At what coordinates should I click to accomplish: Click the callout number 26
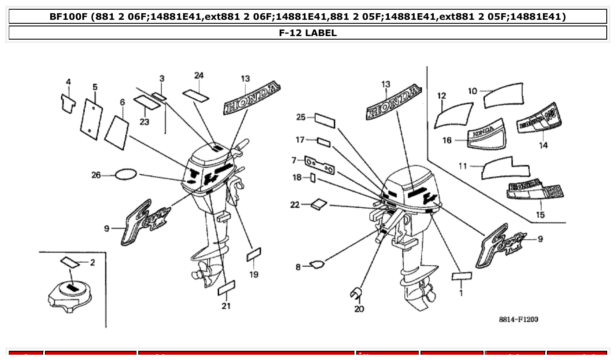click(x=96, y=175)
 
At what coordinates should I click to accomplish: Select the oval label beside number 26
click(x=126, y=175)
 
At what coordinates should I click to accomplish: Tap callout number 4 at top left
click(x=68, y=82)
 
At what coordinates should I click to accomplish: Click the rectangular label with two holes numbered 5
click(x=92, y=119)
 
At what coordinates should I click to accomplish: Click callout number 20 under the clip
click(x=359, y=309)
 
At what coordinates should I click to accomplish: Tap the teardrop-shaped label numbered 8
click(x=317, y=264)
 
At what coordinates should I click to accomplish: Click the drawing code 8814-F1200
click(x=518, y=319)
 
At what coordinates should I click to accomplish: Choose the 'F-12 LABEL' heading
click(x=308, y=33)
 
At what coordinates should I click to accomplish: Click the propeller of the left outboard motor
click(x=202, y=275)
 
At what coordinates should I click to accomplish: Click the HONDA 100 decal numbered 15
click(x=536, y=190)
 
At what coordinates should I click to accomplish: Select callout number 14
click(x=543, y=145)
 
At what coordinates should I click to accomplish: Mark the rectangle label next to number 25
click(x=325, y=121)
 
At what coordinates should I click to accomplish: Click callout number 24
click(x=199, y=76)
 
